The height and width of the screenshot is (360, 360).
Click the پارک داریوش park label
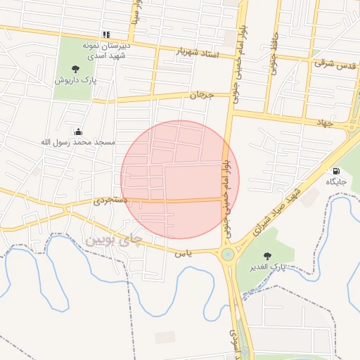(75, 80)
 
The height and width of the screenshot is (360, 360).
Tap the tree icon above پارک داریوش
(75, 69)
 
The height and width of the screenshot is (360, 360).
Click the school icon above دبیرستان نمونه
(105, 34)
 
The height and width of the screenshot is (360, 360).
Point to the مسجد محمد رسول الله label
(77, 142)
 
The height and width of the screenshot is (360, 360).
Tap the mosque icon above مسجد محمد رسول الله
(78, 131)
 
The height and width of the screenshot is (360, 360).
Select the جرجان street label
(200, 94)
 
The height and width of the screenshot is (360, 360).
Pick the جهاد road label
(323, 123)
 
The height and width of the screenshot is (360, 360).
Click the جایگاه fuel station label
(336, 181)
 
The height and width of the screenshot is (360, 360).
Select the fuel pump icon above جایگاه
(336, 171)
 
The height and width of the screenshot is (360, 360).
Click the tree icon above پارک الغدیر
(266, 256)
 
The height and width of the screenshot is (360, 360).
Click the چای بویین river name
(113, 240)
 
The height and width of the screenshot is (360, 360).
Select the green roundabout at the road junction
(227, 255)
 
